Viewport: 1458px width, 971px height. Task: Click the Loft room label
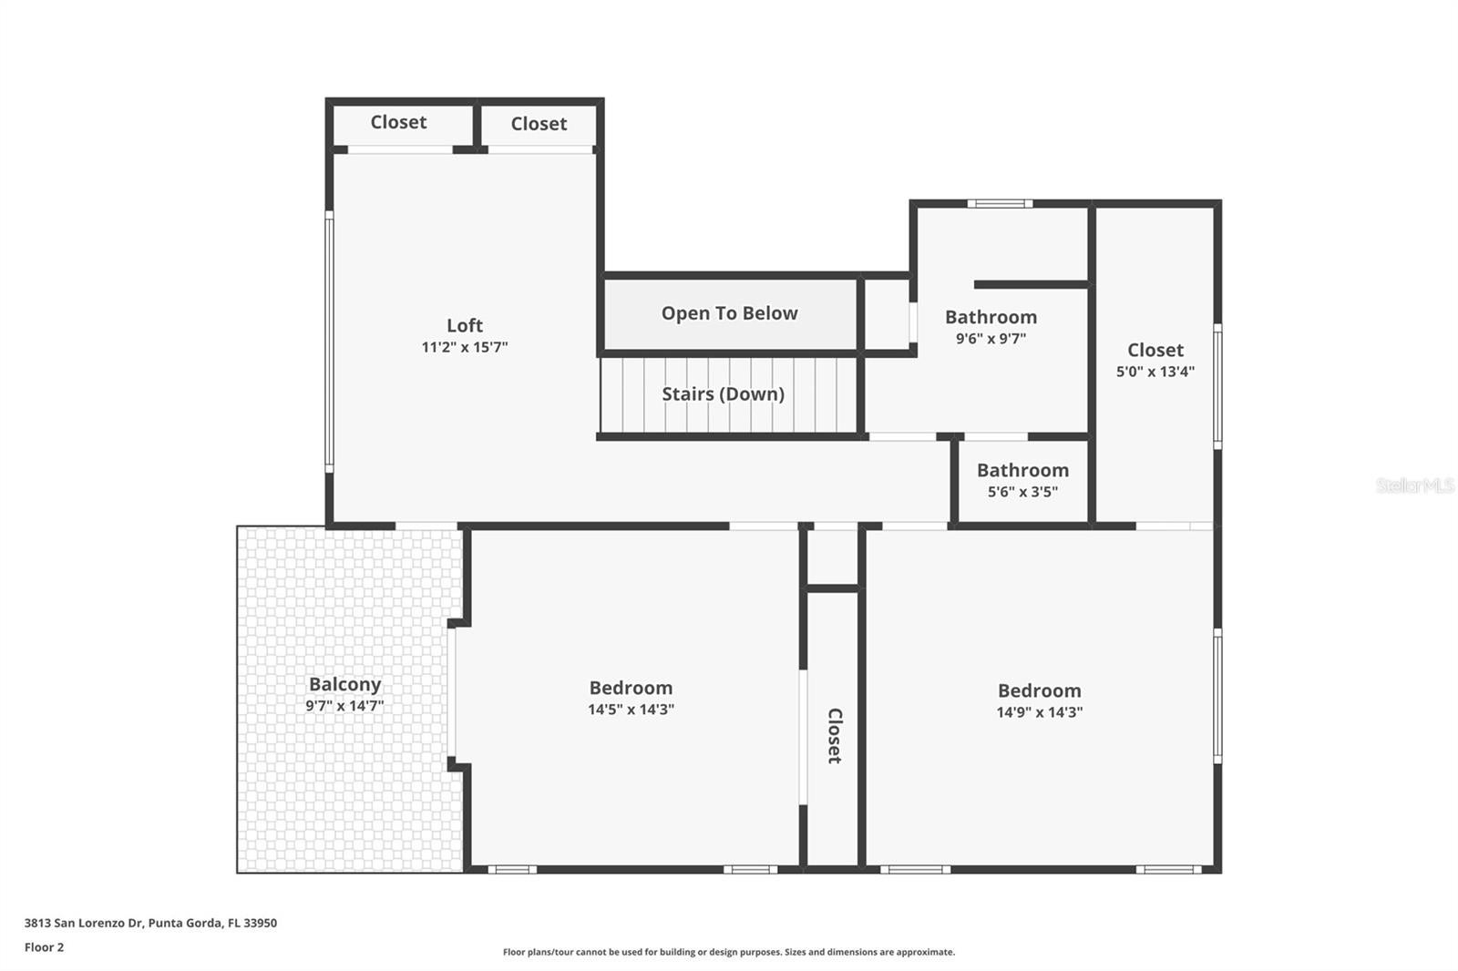464,325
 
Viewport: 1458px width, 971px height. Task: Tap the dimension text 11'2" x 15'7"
464,347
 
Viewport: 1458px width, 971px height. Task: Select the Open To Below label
729,313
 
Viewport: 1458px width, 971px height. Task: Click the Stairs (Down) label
723,394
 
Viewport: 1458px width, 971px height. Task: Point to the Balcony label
344,684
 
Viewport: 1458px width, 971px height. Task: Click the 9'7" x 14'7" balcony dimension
344,706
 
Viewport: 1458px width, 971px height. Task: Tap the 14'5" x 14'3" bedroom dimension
631,710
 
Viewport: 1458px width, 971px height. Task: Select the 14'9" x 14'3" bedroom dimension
1039,712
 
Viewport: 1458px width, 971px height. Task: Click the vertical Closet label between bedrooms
834,735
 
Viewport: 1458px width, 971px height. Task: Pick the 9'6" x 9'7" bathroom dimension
991,339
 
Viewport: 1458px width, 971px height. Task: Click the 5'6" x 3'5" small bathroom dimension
1022,492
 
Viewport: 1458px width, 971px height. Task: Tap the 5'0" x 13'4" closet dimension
1155,372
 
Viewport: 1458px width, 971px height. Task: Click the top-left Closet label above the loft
398,122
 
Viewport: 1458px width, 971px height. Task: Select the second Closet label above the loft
539,124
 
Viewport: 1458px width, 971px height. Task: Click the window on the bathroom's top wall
1000,204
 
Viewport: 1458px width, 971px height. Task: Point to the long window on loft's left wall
329,342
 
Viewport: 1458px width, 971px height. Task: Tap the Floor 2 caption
44,947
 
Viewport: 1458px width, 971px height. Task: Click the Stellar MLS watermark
1414,485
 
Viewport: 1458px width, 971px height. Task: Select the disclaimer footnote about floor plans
728,952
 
